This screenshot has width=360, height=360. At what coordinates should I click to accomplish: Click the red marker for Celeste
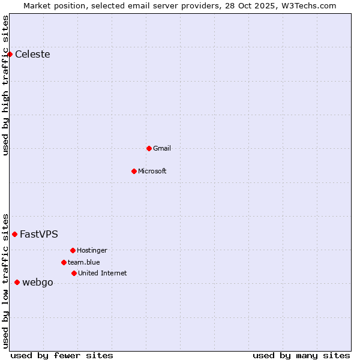coord(10,55)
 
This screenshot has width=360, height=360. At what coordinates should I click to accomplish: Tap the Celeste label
coord(32,55)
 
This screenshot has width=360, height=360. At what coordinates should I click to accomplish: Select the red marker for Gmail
coord(149,148)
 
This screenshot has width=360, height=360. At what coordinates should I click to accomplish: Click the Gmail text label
coord(162,149)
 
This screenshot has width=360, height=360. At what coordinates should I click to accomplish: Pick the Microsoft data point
coord(134,171)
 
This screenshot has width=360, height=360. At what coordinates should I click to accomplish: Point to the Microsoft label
coord(152,172)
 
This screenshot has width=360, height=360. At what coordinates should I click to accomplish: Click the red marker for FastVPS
coord(14,234)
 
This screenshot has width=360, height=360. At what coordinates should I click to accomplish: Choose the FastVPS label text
coord(39,235)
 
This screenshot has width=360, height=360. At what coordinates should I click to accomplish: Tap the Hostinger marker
coord(73,250)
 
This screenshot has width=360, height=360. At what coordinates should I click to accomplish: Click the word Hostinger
coord(92,251)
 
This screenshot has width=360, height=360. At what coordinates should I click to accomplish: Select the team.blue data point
coord(64,262)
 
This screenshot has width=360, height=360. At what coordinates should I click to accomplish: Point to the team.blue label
coord(84,263)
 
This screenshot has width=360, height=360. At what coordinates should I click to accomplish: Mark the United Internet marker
coord(74,273)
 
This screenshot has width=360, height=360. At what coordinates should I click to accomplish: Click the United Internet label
coord(103,274)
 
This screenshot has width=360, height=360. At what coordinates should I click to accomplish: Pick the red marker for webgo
coord(17,282)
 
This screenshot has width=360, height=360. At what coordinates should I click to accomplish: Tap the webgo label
coord(38,283)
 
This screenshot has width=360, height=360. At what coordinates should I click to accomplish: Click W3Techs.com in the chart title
coord(310,5)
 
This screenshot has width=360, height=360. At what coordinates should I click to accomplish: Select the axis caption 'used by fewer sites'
coord(62,355)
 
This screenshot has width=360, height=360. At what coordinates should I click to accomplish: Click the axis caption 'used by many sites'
coord(301,355)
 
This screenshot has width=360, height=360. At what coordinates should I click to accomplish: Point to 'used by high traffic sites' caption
coord(6,85)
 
